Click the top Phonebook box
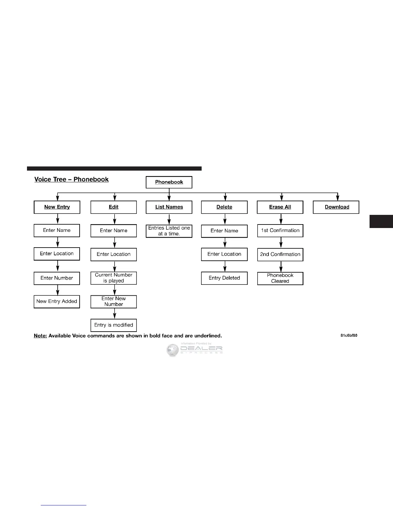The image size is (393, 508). pos(169,182)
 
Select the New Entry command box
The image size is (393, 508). pos(57,207)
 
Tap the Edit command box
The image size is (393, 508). pos(114,207)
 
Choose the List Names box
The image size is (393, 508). pos(169,207)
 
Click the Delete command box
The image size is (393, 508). pos(224,207)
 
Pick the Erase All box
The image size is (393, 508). pos(280,207)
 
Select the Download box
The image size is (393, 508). pos(336,207)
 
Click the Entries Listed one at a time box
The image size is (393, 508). pos(169,231)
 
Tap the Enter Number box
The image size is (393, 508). pos(57,278)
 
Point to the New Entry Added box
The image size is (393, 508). pos(57,301)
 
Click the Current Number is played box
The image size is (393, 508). pos(114,278)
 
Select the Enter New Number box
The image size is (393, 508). pos(114,301)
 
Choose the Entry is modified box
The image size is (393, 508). pos(114,325)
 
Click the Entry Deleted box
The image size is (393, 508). pos(224,278)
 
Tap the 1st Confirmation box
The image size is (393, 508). pos(280,231)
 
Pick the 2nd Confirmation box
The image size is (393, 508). pos(280,254)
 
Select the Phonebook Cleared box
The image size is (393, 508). pos(280,278)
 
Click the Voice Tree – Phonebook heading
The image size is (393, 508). pos(72,180)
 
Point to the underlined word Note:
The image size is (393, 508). pos(40,336)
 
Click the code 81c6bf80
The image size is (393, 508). pos(349,335)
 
